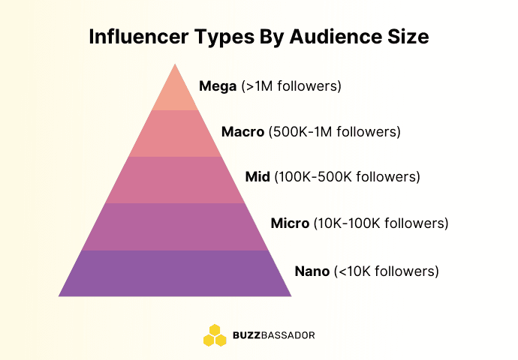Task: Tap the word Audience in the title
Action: tap(325, 37)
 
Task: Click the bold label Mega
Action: tap(218, 86)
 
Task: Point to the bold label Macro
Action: tap(243, 132)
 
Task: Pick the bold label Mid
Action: tap(257, 178)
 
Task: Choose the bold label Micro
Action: tap(290, 223)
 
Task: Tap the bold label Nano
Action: tap(312, 271)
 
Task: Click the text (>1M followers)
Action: tap(291, 86)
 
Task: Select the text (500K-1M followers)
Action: tap(335, 132)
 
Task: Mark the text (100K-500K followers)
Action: tap(347, 178)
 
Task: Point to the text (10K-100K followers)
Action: tap(381, 223)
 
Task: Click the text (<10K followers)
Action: tap(386, 271)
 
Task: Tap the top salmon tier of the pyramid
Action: tap(175, 93)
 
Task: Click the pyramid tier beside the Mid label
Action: tap(175, 180)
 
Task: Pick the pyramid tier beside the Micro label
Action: tap(175, 226)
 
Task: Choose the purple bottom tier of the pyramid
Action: tap(175, 273)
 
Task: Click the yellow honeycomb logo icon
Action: tap(215, 334)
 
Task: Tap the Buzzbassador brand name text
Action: tap(273, 335)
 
